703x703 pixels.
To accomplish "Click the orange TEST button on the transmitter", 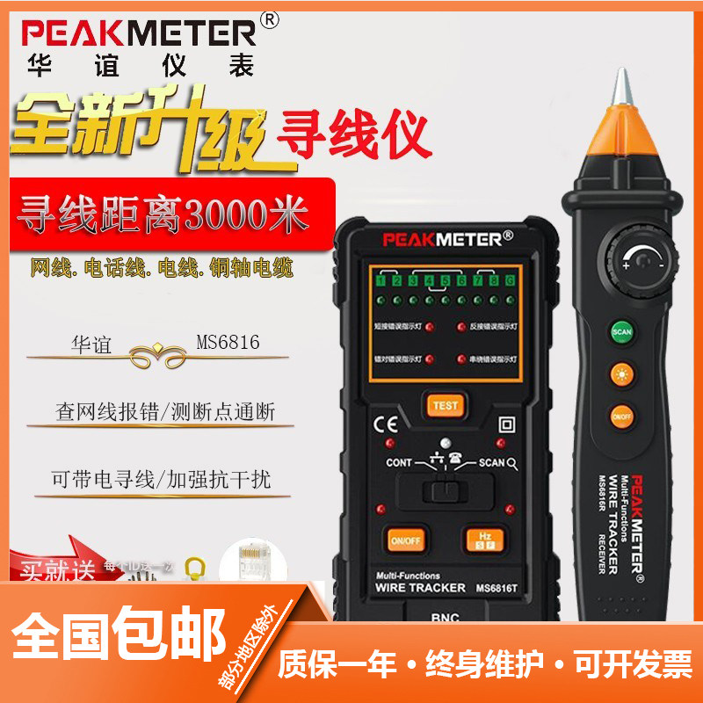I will (x=445, y=405).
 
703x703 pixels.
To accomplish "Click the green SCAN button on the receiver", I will (x=622, y=333).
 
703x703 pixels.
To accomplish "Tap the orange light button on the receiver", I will (x=622, y=372).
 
